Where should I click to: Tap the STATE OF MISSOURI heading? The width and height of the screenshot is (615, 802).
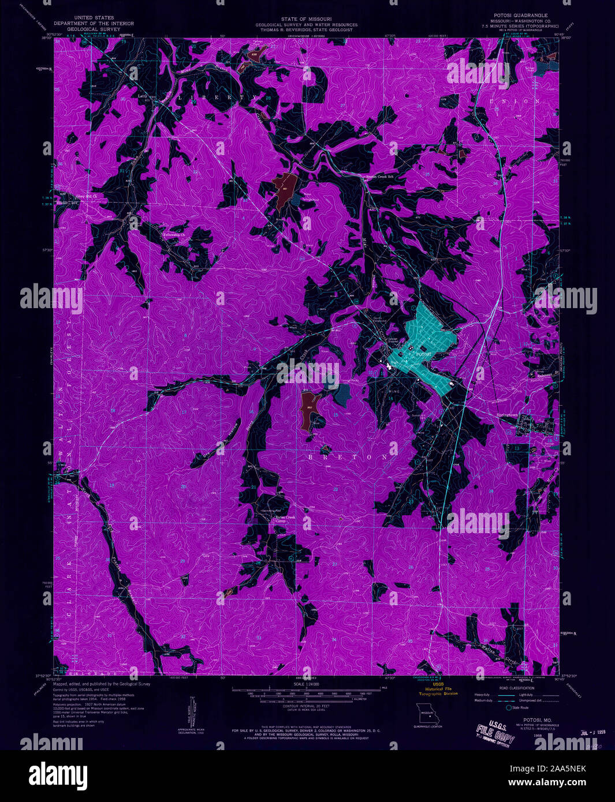point(307,19)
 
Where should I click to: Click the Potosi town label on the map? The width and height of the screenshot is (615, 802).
point(423,353)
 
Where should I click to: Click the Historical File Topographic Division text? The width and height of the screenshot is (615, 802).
point(437,691)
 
